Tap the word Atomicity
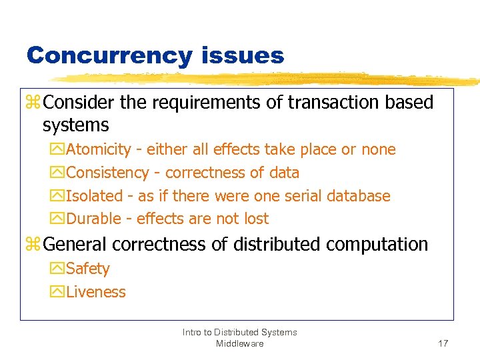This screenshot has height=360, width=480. pos(99,149)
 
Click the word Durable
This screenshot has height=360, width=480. pos(94,219)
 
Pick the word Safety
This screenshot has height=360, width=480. pos(88,269)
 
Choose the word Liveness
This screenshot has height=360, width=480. pos(96,292)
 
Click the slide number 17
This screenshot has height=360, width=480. pos(443,343)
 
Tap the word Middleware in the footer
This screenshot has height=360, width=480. pos(239,343)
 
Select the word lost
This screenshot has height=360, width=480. pos(255,219)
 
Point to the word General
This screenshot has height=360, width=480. pos(75,245)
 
